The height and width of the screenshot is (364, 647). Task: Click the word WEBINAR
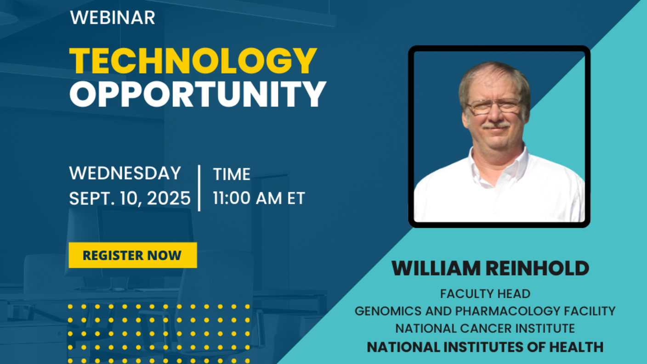(x=113, y=17)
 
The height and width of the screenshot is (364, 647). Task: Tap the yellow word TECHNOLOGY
(x=193, y=61)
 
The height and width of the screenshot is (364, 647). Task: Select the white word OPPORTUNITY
(x=198, y=94)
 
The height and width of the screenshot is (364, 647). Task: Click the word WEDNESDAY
(x=125, y=173)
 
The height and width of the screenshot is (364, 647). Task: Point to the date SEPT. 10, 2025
(x=130, y=198)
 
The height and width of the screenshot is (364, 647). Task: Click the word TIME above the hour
(x=232, y=174)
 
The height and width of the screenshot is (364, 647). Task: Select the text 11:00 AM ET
(x=259, y=198)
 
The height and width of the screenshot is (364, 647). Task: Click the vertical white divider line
(x=199, y=188)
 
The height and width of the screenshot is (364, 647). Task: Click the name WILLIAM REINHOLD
(x=490, y=268)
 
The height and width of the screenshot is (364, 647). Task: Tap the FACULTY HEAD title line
(x=485, y=294)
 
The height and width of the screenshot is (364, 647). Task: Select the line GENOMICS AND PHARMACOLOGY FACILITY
(x=485, y=311)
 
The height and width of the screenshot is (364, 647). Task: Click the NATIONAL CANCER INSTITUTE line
(x=485, y=329)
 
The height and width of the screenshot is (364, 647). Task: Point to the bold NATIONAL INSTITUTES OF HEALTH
(x=485, y=347)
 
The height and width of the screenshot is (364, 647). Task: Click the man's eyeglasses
(x=494, y=106)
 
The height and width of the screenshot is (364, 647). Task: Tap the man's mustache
(x=496, y=125)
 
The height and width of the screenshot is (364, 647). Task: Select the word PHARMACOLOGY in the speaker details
(x=508, y=311)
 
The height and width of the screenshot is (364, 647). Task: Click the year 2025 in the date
(x=169, y=198)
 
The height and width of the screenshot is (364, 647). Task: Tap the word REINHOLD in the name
(x=537, y=268)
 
